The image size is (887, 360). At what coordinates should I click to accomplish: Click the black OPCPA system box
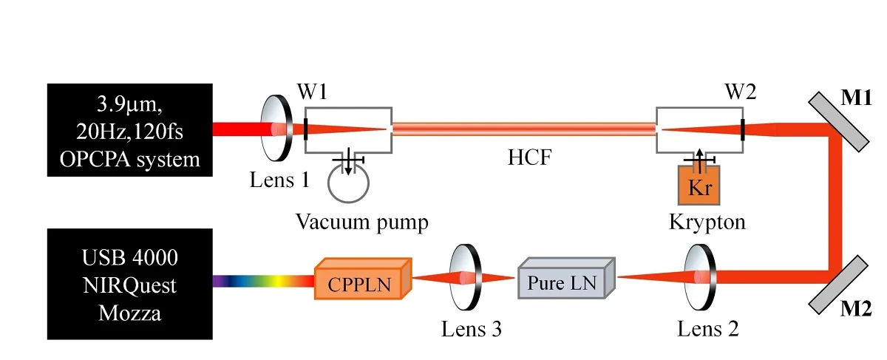pos(130,130)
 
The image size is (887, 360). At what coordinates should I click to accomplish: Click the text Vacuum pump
pos(362,221)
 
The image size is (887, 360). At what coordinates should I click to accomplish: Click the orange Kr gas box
pos(699,184)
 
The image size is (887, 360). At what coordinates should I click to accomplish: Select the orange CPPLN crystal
pos(362,279)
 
